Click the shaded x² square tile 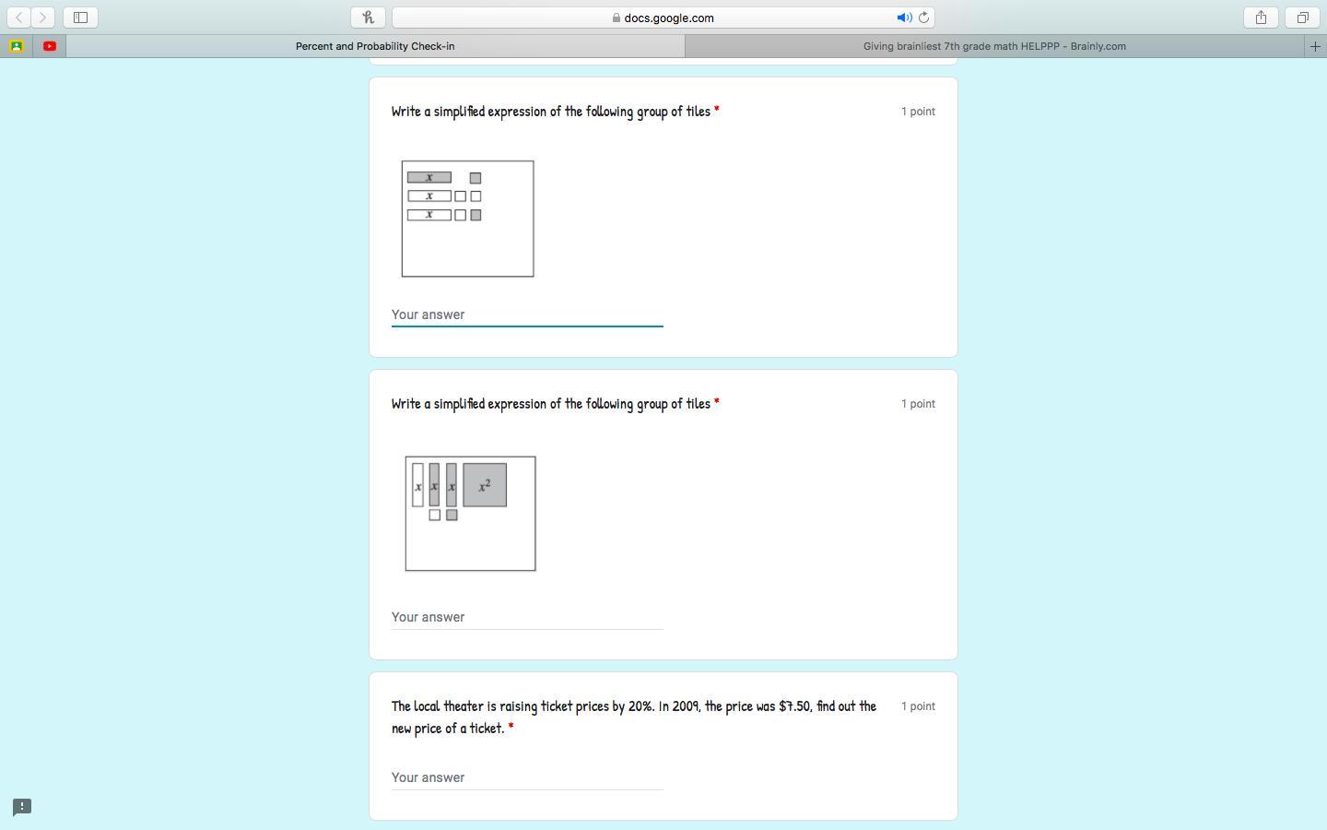[x=485, y=485]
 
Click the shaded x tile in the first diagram [x=429, y=177]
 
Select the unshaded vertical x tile [x=417, y=485]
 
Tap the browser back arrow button [x=19, y=18]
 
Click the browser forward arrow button [x=42, y=18]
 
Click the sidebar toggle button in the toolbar [x=80, y=18]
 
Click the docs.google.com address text [x=669, y=18]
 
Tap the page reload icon [x=923, y=18]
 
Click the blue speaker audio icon [x=904, y=18]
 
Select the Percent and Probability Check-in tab [x=375, y=46]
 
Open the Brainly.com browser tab [x=994, y=46]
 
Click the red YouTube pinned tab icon [x=50, y=46]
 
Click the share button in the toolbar [x=1261, y=18]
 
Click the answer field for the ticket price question [x=527, y=777]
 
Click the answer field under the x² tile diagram [x=527, y=617]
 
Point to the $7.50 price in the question [x=794, y=706]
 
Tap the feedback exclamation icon [x=22, y=807]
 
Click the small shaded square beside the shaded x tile [x=476, y=178]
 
